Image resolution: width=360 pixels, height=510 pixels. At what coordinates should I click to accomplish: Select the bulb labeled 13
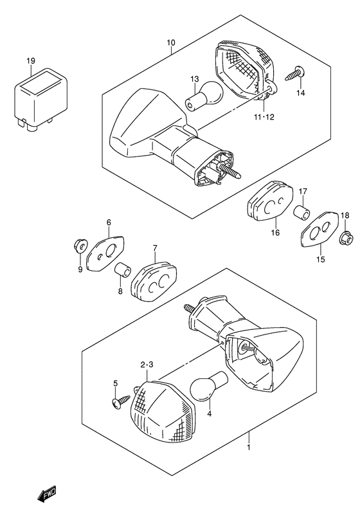[204, 96]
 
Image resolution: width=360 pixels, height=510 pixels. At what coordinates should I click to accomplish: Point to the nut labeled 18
[346, 240]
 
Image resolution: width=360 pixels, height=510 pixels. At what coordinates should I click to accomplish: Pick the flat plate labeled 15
[320, 230]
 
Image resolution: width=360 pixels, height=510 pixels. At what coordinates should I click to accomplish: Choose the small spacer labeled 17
[302, 213]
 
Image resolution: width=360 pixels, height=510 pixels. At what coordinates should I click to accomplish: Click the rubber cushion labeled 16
[270, 201]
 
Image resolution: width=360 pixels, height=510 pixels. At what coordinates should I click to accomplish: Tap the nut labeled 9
[80, 246]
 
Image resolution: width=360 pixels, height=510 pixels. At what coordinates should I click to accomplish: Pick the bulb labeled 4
[208, 385]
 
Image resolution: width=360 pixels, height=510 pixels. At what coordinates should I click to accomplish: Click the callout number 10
[171, 42]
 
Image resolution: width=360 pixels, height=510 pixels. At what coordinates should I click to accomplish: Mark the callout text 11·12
[264, 117]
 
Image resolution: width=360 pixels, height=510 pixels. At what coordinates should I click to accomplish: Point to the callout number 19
[31, 60]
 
